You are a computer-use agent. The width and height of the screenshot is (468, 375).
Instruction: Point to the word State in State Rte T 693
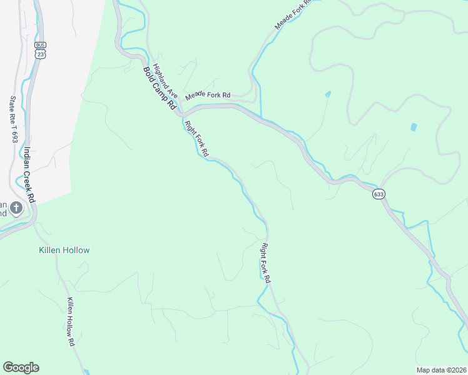pos(13,104)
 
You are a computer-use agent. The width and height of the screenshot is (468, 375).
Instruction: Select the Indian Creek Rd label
pos(29,174)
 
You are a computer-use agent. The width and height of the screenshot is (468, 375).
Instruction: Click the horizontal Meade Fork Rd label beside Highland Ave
pos(208,95)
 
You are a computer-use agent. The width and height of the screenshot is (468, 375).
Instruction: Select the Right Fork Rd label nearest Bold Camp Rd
pos(196,139)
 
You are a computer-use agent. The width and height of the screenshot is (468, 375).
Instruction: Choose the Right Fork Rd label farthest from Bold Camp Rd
pos(265,263)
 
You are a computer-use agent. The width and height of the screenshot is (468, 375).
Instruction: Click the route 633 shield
pos(379,194)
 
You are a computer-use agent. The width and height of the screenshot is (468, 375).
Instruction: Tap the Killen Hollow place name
pos(64,250)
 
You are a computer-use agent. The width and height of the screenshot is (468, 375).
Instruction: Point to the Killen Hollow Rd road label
pos(71,322)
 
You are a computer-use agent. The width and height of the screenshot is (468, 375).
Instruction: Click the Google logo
pos(21,367)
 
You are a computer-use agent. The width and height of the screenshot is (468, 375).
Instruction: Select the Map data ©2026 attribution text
pos(441,369)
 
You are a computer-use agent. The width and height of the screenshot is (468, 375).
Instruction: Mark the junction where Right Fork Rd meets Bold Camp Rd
pos(181,115)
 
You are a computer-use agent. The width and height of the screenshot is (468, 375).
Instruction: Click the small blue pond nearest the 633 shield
pos(414,127)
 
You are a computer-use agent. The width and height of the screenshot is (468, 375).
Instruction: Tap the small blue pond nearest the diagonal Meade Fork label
pos(328,94)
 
